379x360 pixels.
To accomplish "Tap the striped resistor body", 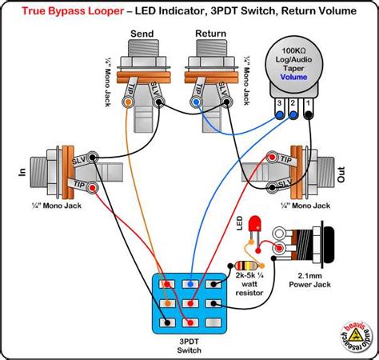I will pyautogui.click(x=243, y=266).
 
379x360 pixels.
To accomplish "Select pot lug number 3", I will pyautogui.click(x=278, y=114).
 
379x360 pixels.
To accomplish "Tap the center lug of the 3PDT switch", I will pyautogui.click(x=189, y=303).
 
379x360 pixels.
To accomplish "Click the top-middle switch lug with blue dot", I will pyautogui.click(x=189, y=284).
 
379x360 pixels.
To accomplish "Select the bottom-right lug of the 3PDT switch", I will pyautogui.click(x=214, y=322).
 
